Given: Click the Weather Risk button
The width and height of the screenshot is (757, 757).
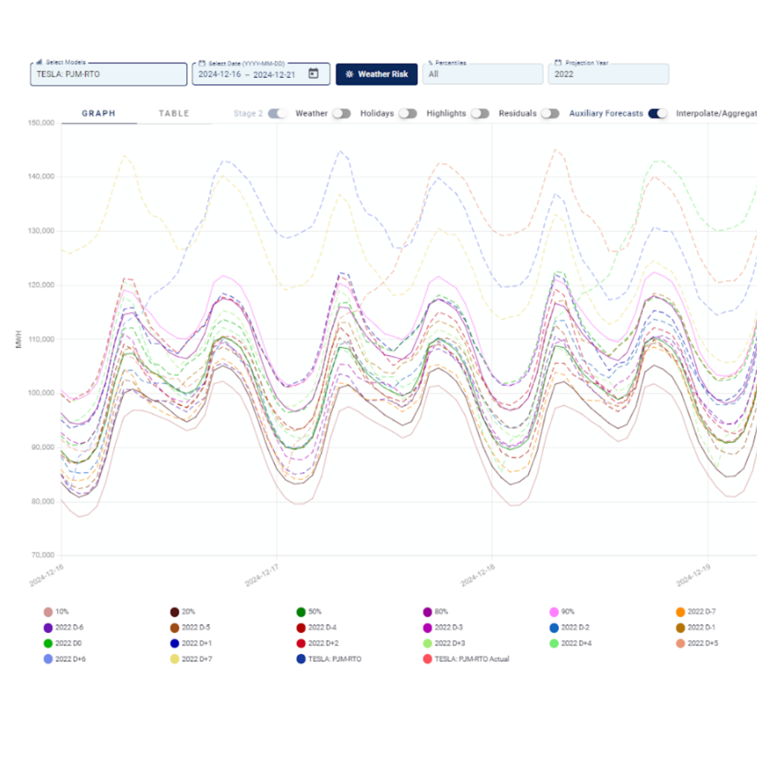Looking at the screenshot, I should point(376,74).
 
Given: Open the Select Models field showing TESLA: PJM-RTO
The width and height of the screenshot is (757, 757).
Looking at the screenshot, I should point(109,74).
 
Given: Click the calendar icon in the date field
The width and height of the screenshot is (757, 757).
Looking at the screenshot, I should point(314,74).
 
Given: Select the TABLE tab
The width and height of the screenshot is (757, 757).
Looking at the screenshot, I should point(174,114).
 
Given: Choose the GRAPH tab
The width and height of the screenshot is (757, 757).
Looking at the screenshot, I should point(99,114).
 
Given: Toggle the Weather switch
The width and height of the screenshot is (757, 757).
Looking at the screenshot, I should point(341,114).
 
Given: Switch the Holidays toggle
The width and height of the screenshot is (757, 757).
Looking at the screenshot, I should point(407,114).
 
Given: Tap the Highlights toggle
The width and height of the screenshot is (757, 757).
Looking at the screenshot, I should point(480,114).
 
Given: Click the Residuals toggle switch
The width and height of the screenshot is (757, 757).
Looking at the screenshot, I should point(550,114).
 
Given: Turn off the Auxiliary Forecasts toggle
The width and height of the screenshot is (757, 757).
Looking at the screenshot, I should point(658,114).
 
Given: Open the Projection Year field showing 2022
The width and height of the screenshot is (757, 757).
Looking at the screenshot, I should point(608,74).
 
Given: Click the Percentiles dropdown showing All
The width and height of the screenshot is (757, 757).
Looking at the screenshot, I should point(482,74).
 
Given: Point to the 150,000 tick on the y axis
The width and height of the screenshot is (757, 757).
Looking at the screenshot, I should point(40,123).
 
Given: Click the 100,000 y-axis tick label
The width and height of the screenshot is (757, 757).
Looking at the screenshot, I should point(40,393).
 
